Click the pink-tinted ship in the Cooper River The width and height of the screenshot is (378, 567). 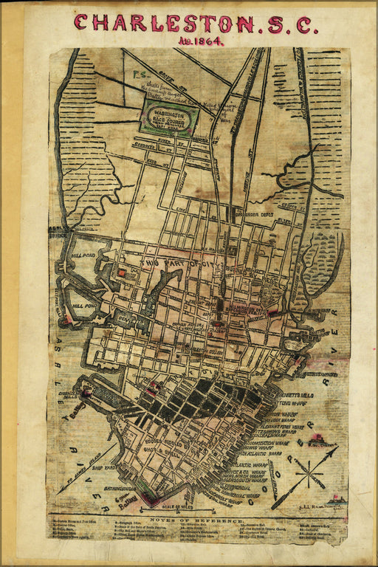coord(317,441)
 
